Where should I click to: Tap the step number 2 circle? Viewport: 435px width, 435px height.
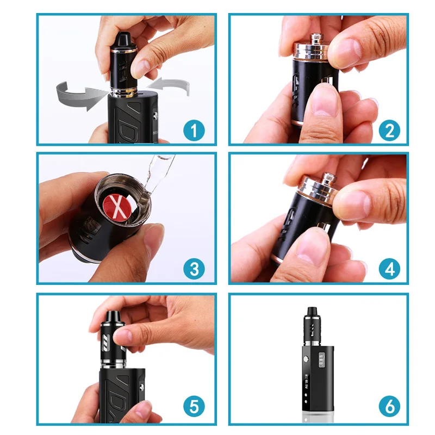(389, 130)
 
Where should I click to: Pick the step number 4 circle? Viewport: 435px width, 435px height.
(389, 269)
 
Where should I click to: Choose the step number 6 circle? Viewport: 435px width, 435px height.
(389, 407)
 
